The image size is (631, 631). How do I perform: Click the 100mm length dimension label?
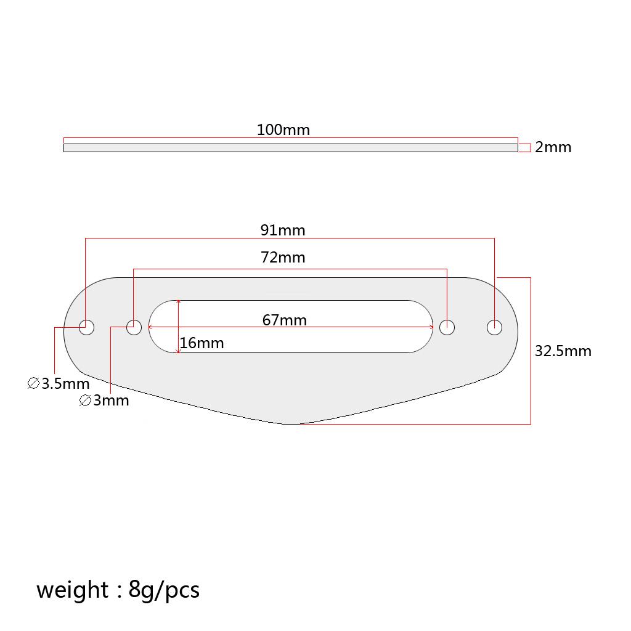click(283, 130)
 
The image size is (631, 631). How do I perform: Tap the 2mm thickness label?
click(553, 147)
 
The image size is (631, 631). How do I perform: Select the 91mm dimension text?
click(283, 230)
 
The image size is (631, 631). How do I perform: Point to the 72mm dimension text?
click(283, 257)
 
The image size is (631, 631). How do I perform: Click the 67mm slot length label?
click(285, 320)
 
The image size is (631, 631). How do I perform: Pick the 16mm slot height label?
click(202, 343)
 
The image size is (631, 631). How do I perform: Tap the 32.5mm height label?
click(563, 351)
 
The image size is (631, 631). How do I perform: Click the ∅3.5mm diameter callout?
click(59, 383)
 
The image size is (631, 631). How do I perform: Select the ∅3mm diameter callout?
click(104, 401)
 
